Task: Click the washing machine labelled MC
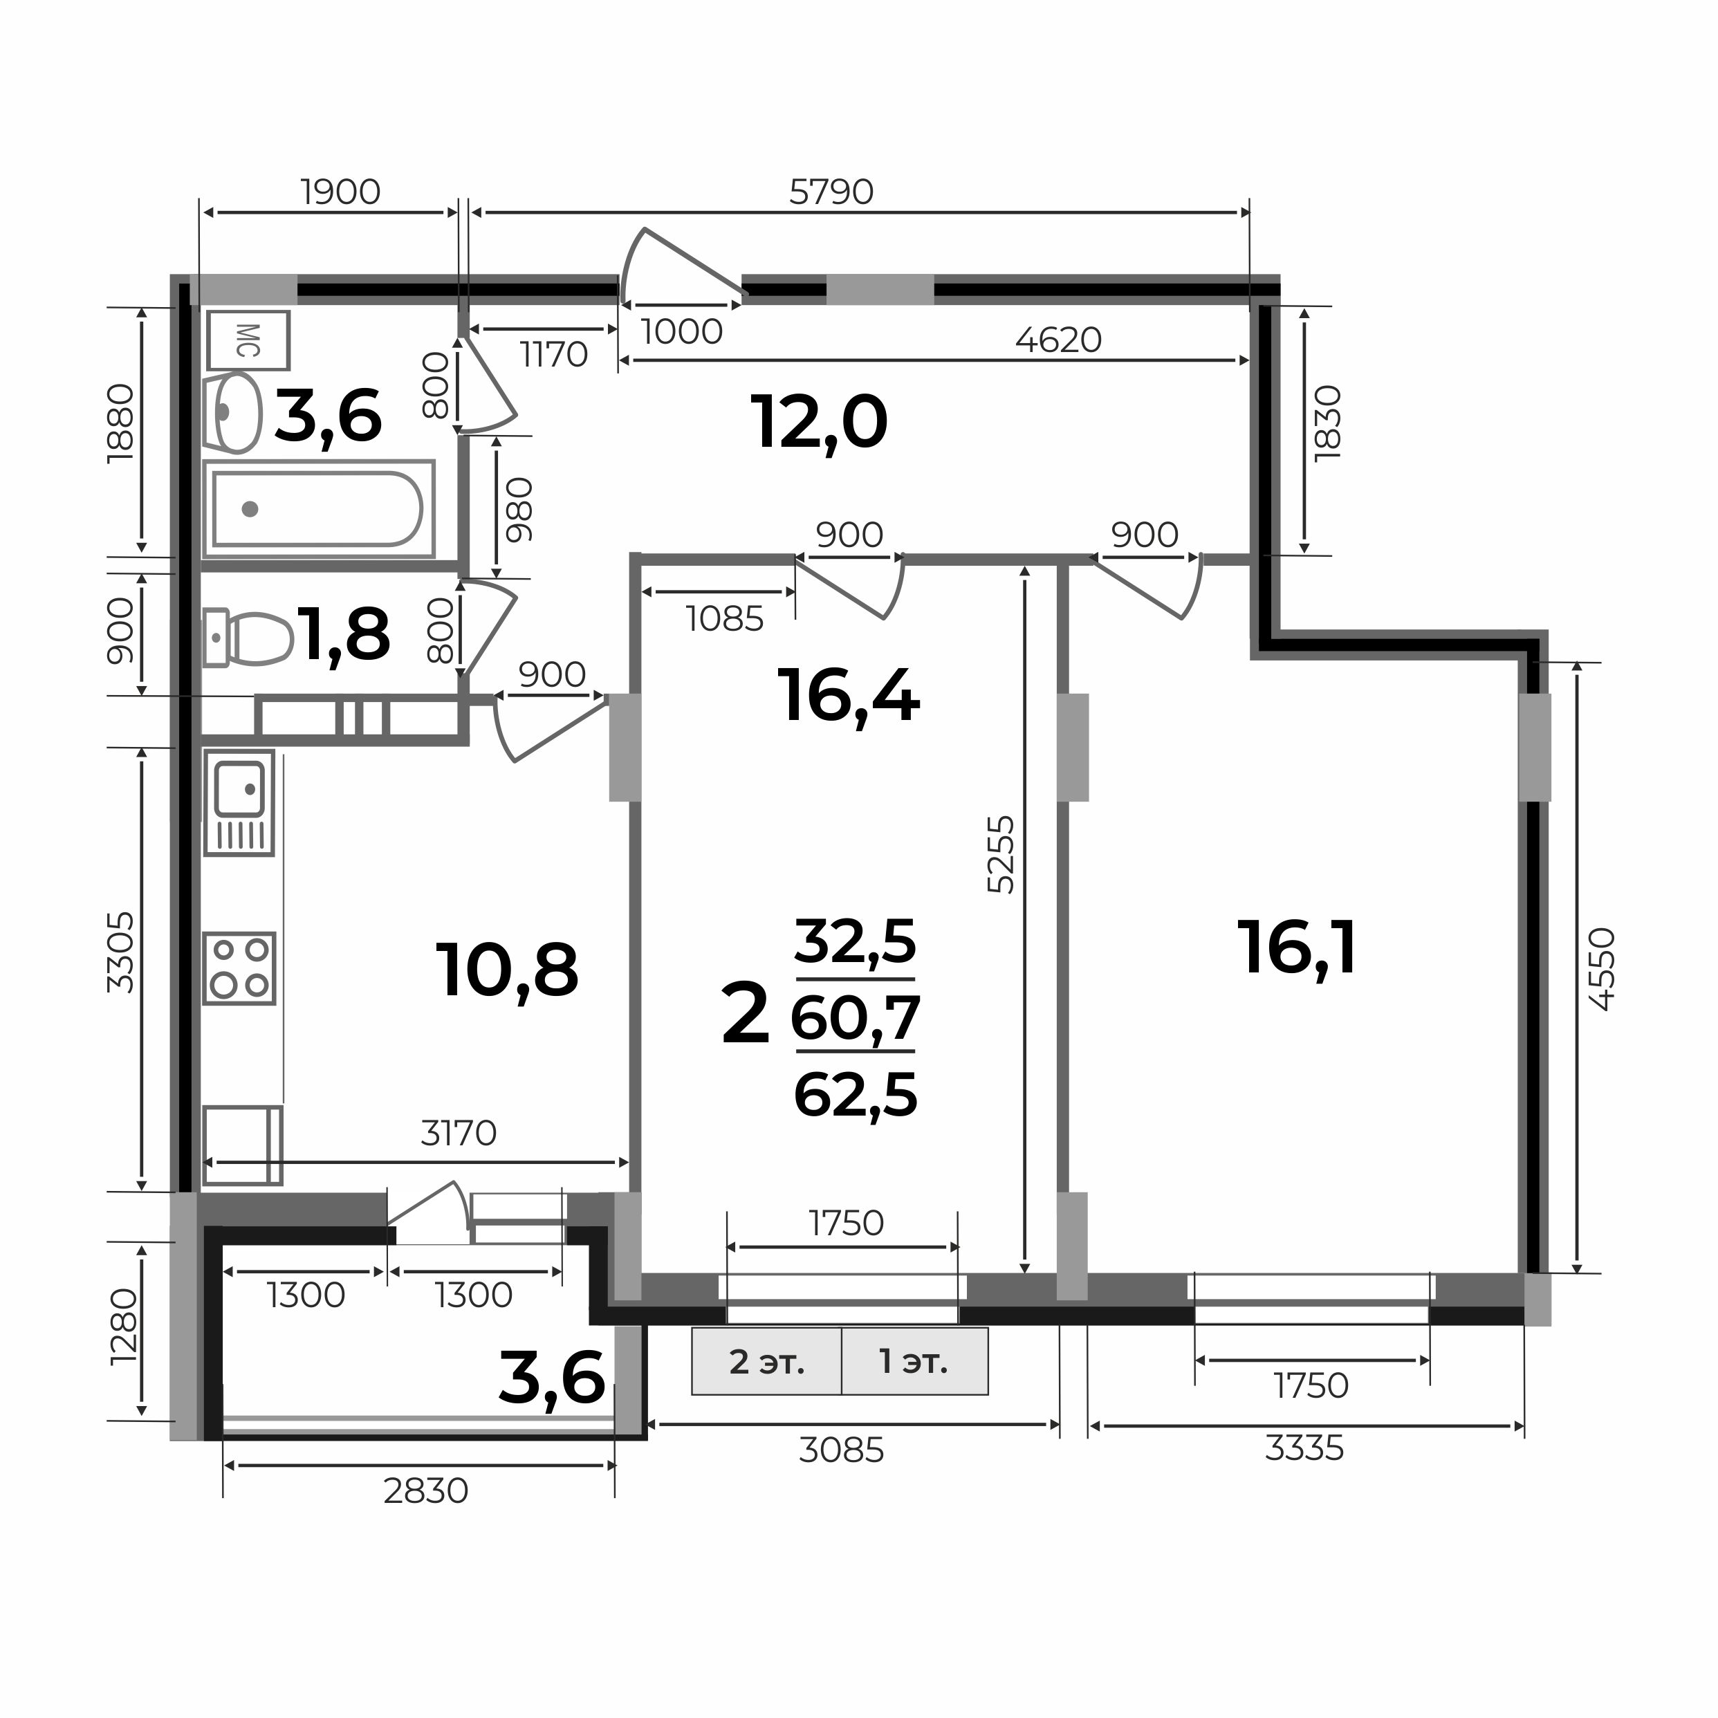coord(249,340)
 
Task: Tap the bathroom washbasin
coord(233,413)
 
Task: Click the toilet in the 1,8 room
coord(248,638)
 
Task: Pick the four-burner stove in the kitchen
coord(239,969)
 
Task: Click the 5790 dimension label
coord(832,192)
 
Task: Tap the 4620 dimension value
coord(1058,340)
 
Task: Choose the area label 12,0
coord(819,423)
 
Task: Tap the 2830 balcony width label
coord(426,1491)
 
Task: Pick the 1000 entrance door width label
coord(682,332)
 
